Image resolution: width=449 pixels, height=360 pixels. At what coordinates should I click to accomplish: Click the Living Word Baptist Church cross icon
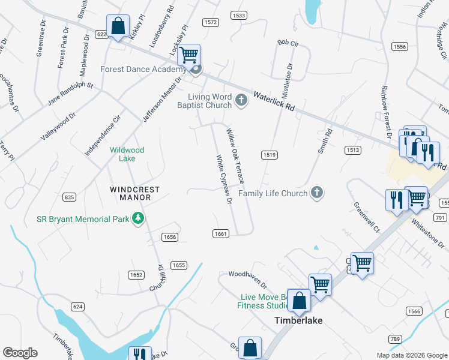tap(241, 100)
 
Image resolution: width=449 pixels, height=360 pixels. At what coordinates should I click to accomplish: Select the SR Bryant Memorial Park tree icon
tap(139, 219)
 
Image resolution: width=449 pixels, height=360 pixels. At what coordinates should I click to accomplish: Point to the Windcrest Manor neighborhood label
tap(135, 193)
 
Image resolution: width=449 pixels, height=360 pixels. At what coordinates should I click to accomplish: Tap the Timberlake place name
tap(298, 320)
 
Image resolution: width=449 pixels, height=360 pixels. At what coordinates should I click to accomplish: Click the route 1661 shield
tap(220, 233)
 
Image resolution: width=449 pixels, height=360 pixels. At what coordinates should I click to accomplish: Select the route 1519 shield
tap(269, 155)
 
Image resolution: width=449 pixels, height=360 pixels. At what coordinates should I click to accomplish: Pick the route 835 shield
tap(69, 197)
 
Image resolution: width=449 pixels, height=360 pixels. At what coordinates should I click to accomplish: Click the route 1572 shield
tap(210, 22)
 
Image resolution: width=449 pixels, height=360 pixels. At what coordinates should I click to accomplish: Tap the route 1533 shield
tap(238, 14)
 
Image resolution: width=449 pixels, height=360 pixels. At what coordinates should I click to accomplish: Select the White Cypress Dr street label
tap(224, 179)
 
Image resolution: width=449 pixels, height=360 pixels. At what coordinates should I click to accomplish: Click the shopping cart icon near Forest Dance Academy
tap(189, 56)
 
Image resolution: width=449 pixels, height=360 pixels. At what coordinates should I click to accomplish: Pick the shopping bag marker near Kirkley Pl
tap(118, 26)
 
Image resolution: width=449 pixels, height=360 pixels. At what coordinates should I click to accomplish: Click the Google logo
tap(20, 353)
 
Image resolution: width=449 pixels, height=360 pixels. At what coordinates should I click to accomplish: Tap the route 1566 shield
tap(414, 311)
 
